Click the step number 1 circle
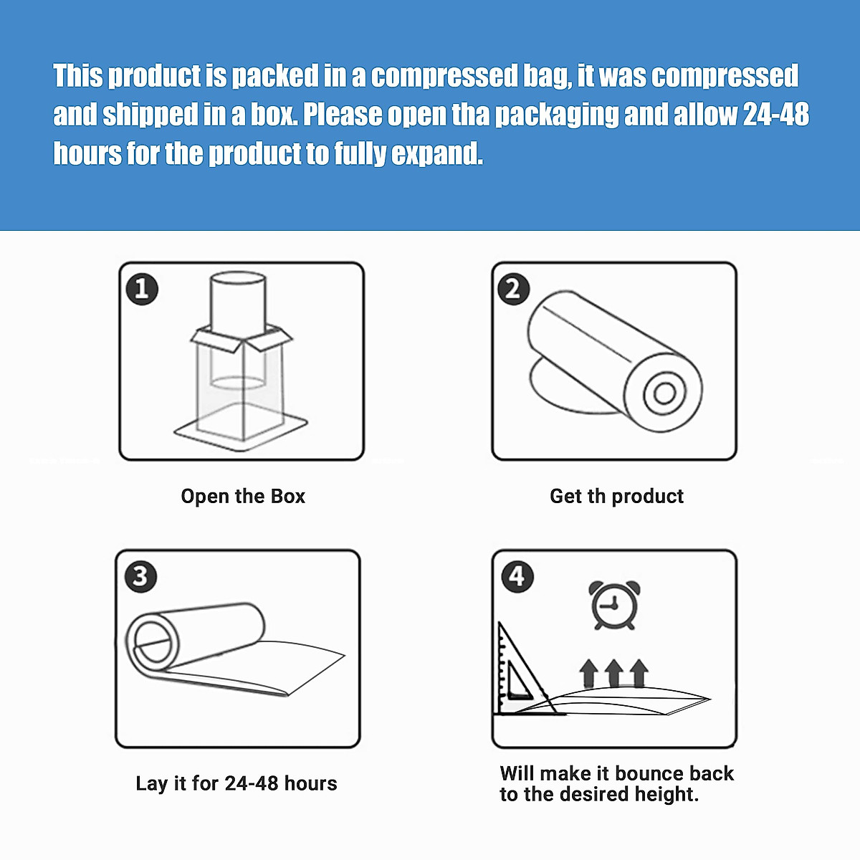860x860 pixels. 142,290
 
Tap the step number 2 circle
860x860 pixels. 514,290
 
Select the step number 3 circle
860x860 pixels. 140,577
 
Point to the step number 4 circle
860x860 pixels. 517,577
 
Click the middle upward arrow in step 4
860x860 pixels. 613,674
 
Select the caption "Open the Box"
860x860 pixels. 243,496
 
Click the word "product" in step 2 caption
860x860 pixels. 647,496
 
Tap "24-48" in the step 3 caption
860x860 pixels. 251,783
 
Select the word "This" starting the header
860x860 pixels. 78,76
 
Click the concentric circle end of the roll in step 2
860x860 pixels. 664,393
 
